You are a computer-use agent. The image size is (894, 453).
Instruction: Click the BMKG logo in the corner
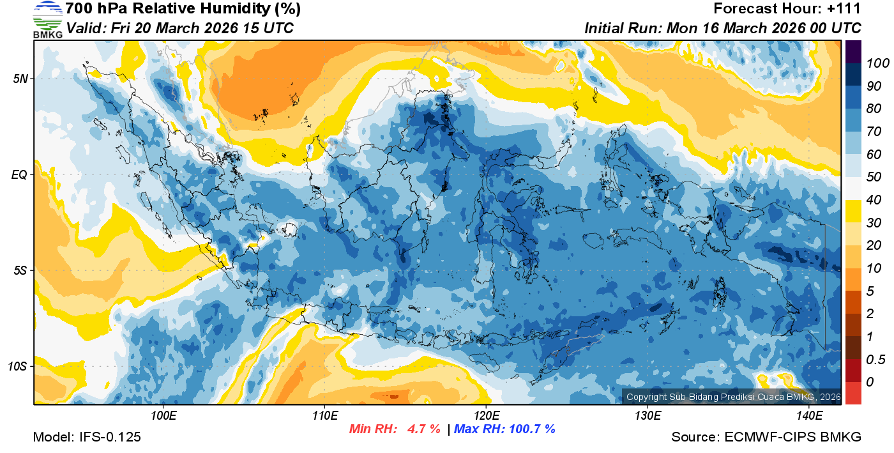pos(48,19)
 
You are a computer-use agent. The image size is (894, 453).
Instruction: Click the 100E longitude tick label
pos(163,416)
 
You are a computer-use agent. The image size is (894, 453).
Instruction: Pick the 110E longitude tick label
pos(325,416)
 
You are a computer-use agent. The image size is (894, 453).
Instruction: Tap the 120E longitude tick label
pos(487,416)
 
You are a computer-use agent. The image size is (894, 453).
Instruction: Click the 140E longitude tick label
pos(809,416)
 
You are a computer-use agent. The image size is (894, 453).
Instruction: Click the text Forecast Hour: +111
pos(787,9)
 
